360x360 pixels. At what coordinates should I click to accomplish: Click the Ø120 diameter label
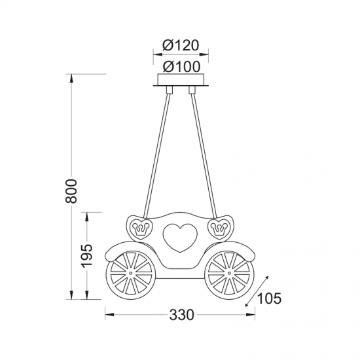point(180,45)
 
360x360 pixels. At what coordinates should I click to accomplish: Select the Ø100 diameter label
point(181,67)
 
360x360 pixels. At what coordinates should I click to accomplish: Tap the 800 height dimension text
point(71,191)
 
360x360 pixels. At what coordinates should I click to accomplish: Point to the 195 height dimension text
point(87,255)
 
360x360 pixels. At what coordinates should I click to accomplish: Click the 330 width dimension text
point(181,315)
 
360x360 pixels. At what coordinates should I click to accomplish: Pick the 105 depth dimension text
point(269,298)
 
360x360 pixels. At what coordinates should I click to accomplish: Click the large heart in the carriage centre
point(180,238)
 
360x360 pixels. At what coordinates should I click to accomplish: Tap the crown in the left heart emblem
point(139,228)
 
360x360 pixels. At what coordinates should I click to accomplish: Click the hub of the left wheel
point(131,273)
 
